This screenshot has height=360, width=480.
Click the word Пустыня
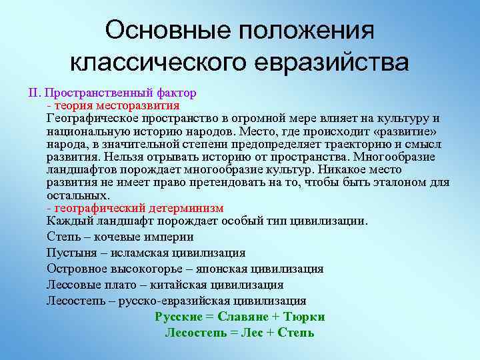click(x=69, y=253)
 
